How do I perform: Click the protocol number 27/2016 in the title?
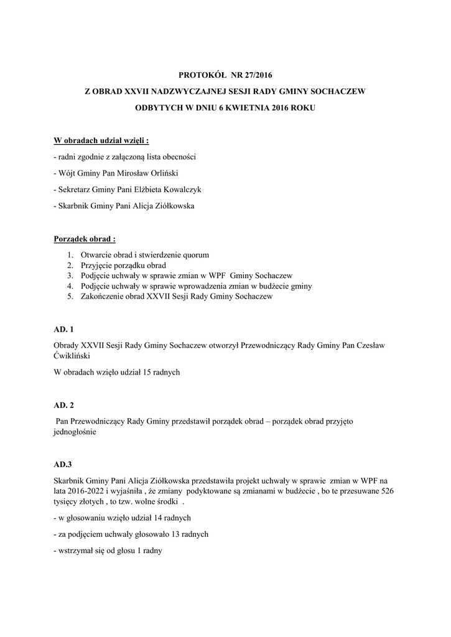click(x=256, y=75)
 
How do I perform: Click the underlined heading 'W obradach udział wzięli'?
click(x=101, y=140)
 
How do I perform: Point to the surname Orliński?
click(x=162, y=173)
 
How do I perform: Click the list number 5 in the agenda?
click(x=70, y=297)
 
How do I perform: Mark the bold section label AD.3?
click(x=63, y=464)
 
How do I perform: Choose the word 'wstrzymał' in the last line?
click(x=76, y=550)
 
